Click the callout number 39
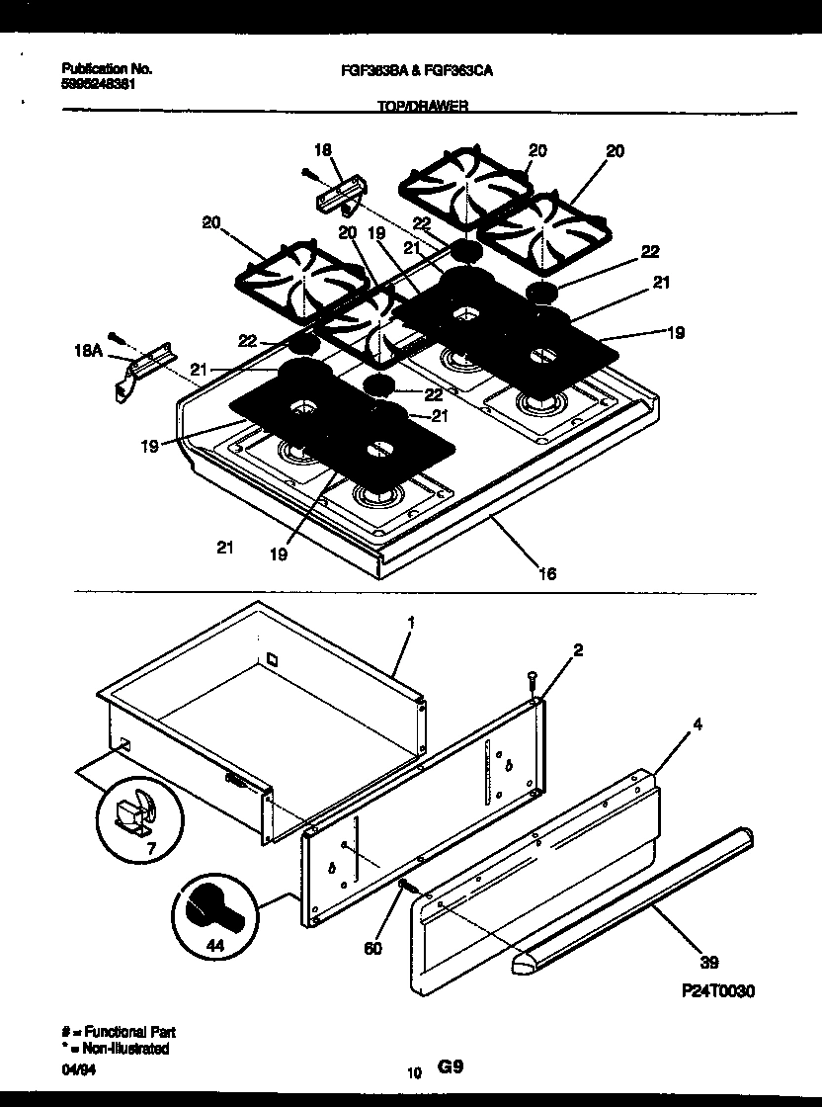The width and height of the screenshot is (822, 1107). pyautogui.click(x=708, y=962)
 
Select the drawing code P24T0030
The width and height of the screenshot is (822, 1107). pyautogui.click(x=717, y=991)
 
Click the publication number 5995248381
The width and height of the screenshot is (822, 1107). pyautogui.click(x=99, y=84)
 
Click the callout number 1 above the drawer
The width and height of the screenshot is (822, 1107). pyautogui.click(x=410, y=623)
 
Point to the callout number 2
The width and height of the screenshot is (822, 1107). pyautogui.click(x=578, y=649)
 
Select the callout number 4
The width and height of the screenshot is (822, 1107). pyautogui.click(x=698, y=724)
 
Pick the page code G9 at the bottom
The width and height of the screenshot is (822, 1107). pyautogui.click(x=450, y=1067)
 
